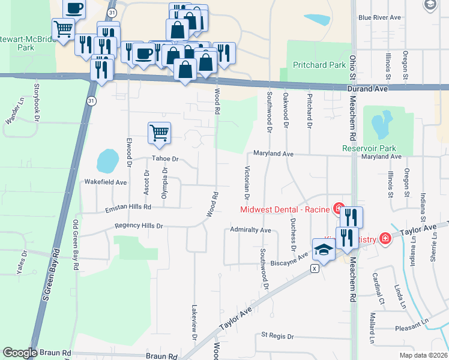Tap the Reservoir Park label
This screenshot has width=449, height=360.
point(369,148)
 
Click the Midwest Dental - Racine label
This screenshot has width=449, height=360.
point(286,209)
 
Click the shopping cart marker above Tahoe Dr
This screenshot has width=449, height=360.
point(159,133)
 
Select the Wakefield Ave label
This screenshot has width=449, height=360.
point(106,181)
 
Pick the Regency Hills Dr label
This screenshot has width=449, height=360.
point(139,226)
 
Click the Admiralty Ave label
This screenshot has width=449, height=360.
point(251,230)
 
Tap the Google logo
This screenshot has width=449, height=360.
point(20,353)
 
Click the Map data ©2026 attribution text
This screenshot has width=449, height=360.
point(423,355)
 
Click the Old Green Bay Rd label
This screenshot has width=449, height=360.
point(76,246)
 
